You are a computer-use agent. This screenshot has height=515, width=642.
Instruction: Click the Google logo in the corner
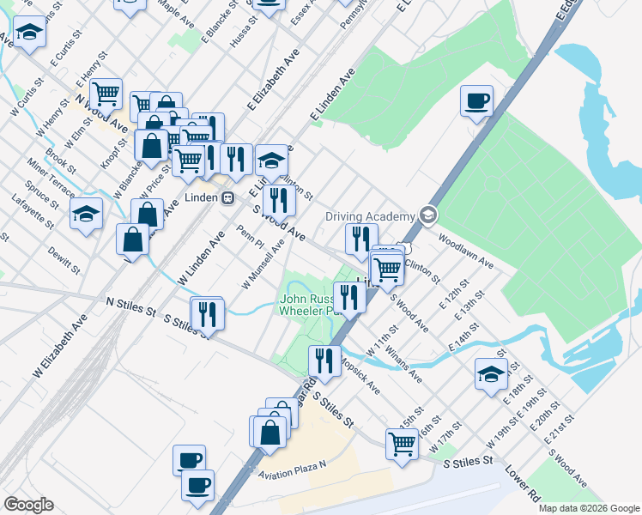pyautogui.click(x=28, y=505)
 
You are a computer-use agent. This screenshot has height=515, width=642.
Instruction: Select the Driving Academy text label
pyautogui.click(x=370, y=216)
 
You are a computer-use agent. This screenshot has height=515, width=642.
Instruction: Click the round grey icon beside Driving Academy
pyautogui.click(x=427, y=216)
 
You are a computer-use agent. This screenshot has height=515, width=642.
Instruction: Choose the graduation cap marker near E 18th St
pyautogui.click(x=491, y=375)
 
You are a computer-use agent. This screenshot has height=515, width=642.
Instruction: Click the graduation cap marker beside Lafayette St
pyautogui.click(x=86, y=215)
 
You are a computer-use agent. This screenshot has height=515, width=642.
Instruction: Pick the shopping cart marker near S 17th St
pyautogui.click(x=402, y=445)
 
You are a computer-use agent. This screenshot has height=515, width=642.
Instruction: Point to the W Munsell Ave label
pyautogui.click(x=263, y=264)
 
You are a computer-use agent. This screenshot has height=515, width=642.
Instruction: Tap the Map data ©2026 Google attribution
pyautogui.click(x=588, y=508)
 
